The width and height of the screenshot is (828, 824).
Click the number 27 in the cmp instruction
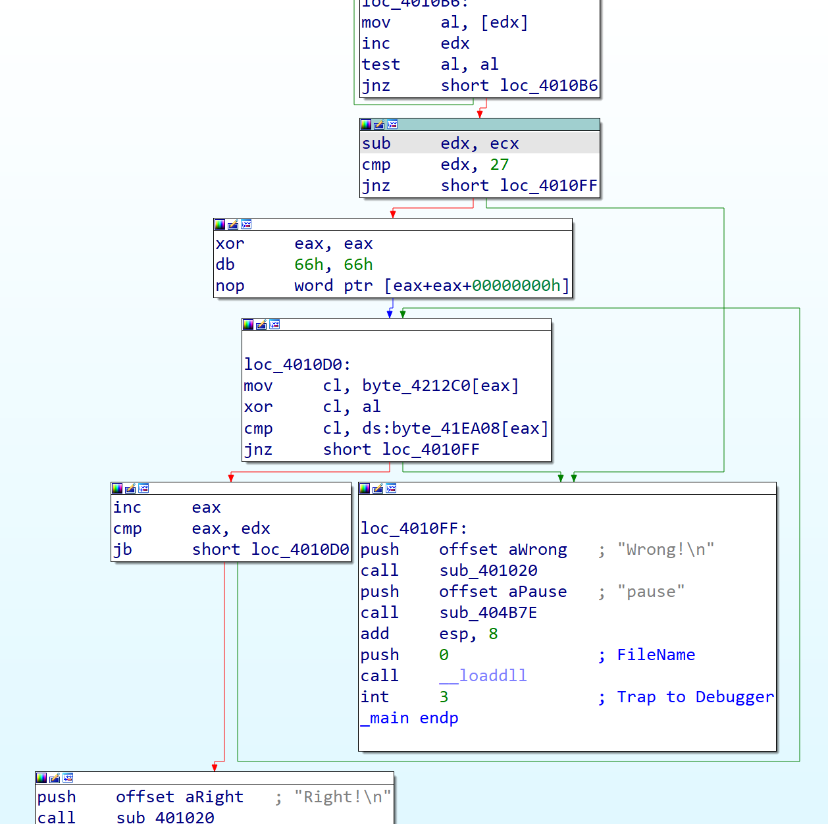click(x=499, y=165)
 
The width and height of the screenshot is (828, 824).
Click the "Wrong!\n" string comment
click(x=665, y=550)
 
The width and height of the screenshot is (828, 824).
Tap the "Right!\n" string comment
click(x=342, y=797)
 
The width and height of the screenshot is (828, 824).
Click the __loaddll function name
click(x=483, y=676)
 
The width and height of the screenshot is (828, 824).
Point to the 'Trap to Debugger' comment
click(x=694, y=697)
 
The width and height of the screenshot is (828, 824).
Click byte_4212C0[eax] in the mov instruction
click(x=440, y=386)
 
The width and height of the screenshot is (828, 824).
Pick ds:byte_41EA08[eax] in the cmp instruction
click(x=455, y=428)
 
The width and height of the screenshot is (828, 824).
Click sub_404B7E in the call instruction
click(x=488, y=613)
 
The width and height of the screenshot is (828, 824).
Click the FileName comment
click(x=656, y=655)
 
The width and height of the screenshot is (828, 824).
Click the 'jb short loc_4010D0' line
click(x=231, y=550)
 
